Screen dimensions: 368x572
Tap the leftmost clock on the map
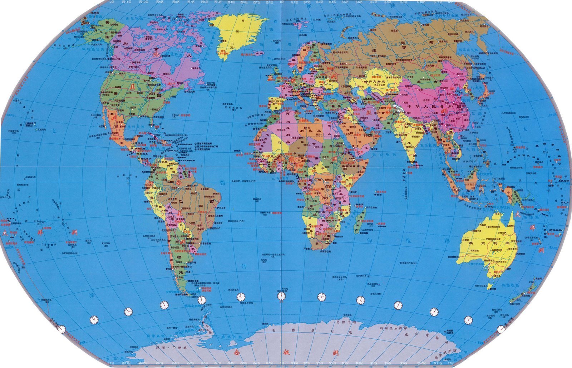[62, 329]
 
